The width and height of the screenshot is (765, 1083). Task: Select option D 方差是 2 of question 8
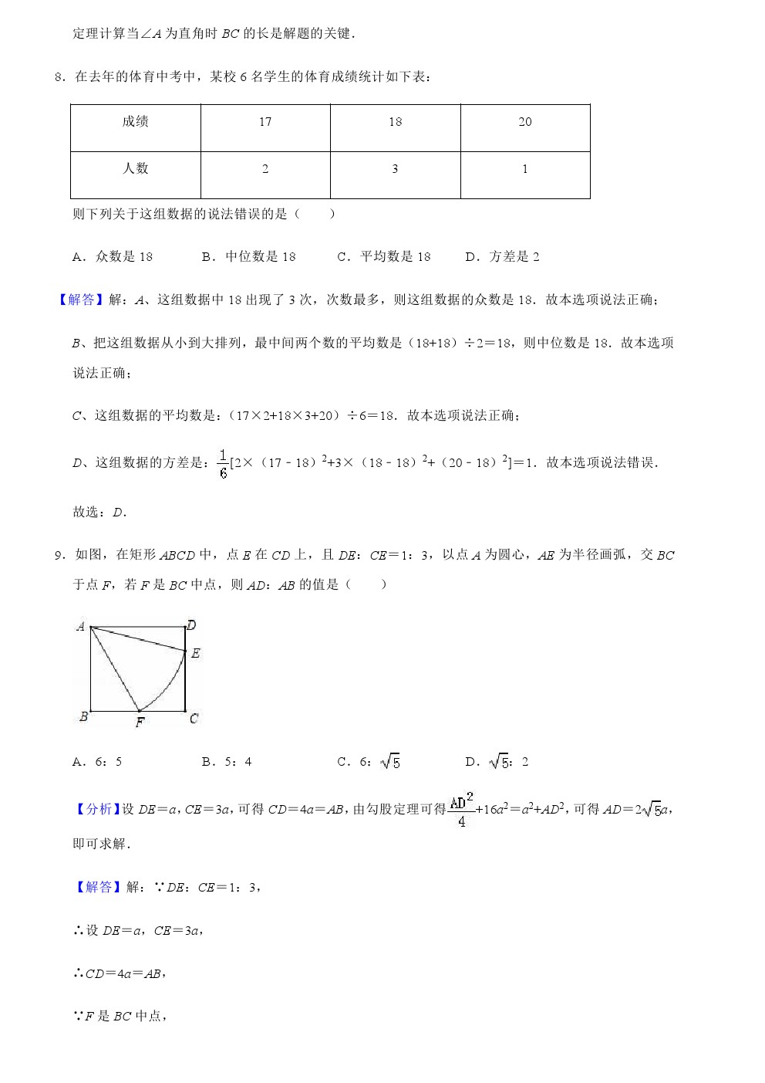503,257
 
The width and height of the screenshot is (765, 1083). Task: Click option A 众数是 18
113,257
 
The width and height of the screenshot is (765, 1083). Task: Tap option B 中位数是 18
249,257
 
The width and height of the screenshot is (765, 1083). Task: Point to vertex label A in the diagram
80,627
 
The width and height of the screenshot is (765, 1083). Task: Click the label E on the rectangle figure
196,654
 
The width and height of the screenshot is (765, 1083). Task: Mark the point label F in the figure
140,723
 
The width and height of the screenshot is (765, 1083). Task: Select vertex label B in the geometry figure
83,717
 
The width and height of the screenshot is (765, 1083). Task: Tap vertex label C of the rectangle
194,719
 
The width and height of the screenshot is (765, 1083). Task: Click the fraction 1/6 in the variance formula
223,463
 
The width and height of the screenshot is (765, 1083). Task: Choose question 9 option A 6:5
98,762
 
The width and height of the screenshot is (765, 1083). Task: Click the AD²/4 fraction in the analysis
461,809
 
